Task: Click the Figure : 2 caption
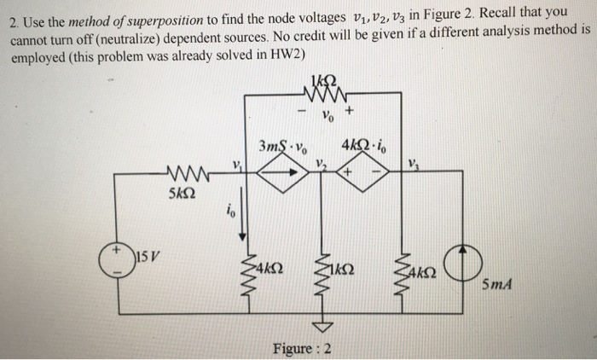[303, 348]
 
